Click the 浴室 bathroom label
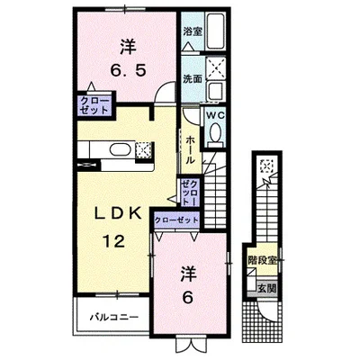[x=193, y=31]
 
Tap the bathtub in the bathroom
[x=216, y=31]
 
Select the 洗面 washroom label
[x=193, y=78]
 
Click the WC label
[x=215, y=115]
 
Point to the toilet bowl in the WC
[x=216, y=132]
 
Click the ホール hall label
[x=190, y=149]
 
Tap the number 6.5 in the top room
[x=129, y=70]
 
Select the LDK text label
[x=118, y=213]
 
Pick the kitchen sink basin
[x=120, y=149]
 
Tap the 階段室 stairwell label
[x=262, y=260]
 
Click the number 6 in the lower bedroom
[x=188, y=297]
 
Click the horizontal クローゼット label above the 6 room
[x=176, y=220]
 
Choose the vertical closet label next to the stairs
[x=190, y=192]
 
